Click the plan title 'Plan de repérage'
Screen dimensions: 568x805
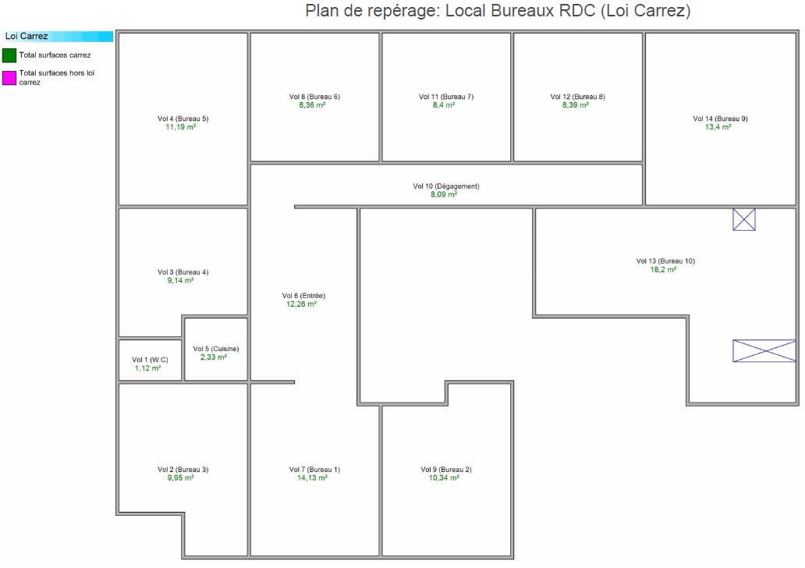pyautogui.click(x=498, y=12)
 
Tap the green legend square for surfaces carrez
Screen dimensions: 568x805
pyautogui.click(x=9, y=55)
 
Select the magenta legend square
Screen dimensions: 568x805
pyautogui.click(x=9, y=77)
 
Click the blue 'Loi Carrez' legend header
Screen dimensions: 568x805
pyautogui.click(x=58, y=36)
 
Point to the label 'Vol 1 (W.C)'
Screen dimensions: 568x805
pyautogui.click(x=150, y=360)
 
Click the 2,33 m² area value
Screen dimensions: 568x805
pyautogui.click(x=214, y=357)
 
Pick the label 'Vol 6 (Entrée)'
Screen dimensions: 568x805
pyautogui.click(x=303, y=296)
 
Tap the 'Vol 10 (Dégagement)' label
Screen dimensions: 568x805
pyautogui.click(x=446, y=186)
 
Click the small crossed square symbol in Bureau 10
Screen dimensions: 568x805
pyautogui.click(x=744, y=220)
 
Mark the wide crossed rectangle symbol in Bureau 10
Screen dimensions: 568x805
pyautogui.click(x=764, y=351)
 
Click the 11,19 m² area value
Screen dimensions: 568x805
pyautogui.click(x=180, y=127)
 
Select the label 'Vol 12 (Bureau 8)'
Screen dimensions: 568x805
pyautogui.click(x=577, y=97)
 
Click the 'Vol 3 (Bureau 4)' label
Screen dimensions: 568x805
pyautogui.click(x=183, y=272)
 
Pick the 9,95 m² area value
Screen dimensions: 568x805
pyautogui.click(x=180, y=477)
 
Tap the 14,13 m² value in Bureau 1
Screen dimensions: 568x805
pyautogui.click(x=314, y=477)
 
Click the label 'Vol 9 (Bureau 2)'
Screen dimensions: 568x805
pyautogui.click(x=446, y=470)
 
